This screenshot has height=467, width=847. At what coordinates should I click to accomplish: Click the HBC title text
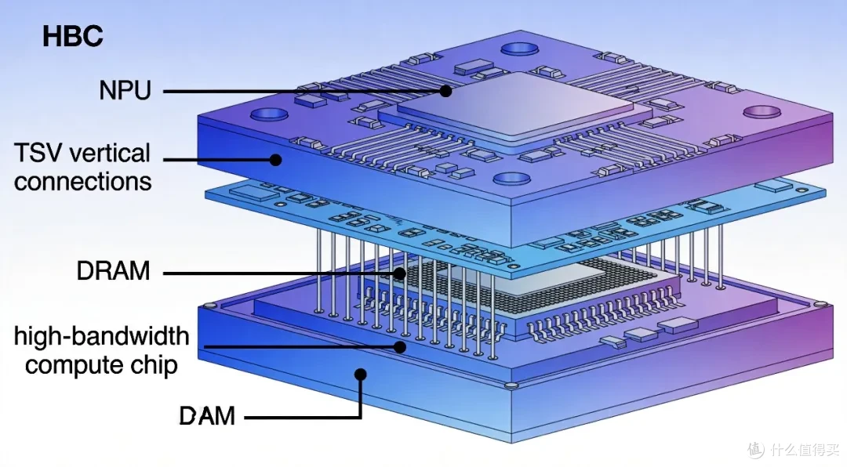click(73, 36)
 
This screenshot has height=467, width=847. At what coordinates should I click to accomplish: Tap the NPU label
click(125, 90)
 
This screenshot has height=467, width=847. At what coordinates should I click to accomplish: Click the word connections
click(82, 182)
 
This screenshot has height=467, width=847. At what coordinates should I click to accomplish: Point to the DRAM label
click(114, 271)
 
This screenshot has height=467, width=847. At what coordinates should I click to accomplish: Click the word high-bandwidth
click(101, 336)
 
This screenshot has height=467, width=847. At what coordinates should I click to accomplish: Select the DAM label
click(207, 416)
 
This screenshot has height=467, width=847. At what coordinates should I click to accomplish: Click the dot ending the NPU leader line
click(445, 91)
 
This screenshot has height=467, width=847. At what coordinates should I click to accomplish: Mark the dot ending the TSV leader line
click(275, 160)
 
